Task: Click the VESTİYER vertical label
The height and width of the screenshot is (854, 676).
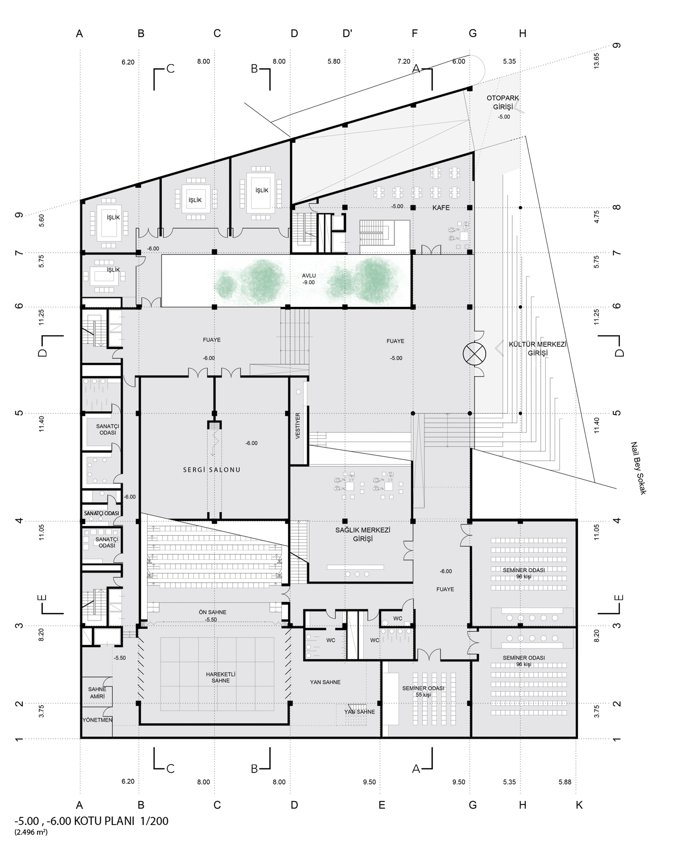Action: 298,426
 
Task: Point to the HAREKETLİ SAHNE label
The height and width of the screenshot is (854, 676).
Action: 220,678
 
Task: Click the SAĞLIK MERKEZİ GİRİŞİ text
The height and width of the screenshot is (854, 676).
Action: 363,535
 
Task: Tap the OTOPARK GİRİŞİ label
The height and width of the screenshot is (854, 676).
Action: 503,102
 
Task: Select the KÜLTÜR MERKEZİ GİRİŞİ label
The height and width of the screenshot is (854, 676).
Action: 537,349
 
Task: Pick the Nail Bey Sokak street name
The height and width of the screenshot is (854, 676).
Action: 638,468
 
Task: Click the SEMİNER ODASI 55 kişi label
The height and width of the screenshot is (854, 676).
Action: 423,691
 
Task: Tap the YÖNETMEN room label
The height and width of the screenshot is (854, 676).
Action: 97,720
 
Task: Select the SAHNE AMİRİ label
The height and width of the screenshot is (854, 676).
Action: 97,692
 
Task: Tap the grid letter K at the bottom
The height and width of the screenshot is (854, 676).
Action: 579,805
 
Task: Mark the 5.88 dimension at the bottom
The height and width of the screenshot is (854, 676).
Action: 565,782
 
